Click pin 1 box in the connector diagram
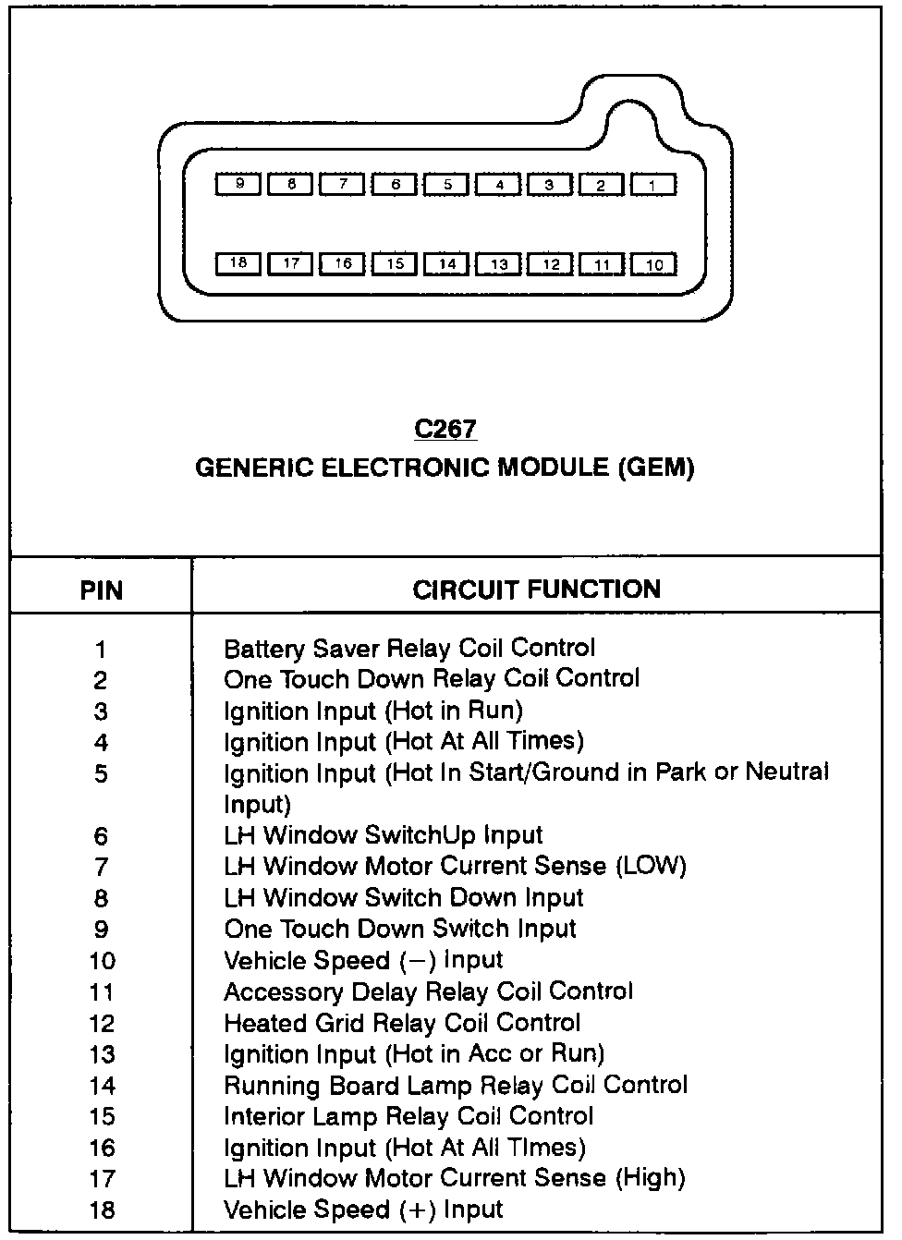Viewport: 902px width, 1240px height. pyautogui.click(x=652, y=185)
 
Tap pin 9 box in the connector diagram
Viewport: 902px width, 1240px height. pyautogui.click(x=239, y=184)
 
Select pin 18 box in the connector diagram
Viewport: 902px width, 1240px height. pyautogui.click(x=238, y=263)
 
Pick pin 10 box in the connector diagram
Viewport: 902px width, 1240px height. pyautogui.click(x=653, y=265)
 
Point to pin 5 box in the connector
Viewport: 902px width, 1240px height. pyautogui.click(x=447, y=184)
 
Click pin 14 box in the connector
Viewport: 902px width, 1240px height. pyautogui.click(x=447, y=264)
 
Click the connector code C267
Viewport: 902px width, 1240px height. pyautogui.click(x=445, y=429)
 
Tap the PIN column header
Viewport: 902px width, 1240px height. pyautogui.click(x=102, y=590)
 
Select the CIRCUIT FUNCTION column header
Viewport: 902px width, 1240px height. pyautogui.click(x=537, y=590)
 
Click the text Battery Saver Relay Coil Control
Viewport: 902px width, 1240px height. pyautogui.click(x=409, y=648)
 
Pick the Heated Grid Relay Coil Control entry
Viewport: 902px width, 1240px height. pyautogui.click(x=402, y=1023)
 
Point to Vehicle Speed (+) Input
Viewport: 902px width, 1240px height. pyautogui.click(x=363, y=1210)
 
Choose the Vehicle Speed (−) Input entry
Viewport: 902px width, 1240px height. pyautogui.click(x=363, y=960)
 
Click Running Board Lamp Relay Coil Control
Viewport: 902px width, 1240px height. pyautogui.click(x=456, y=1085)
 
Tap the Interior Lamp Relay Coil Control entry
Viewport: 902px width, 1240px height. pyautogui.click(x=408, y=1116)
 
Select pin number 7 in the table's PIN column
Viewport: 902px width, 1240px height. pyautogui.click(x=101, y=867)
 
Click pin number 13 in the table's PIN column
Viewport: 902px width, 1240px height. pyautogui.click(x=102, y=1054)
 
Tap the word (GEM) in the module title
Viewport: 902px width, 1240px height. pyautogui.click(x=655, y=467)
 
